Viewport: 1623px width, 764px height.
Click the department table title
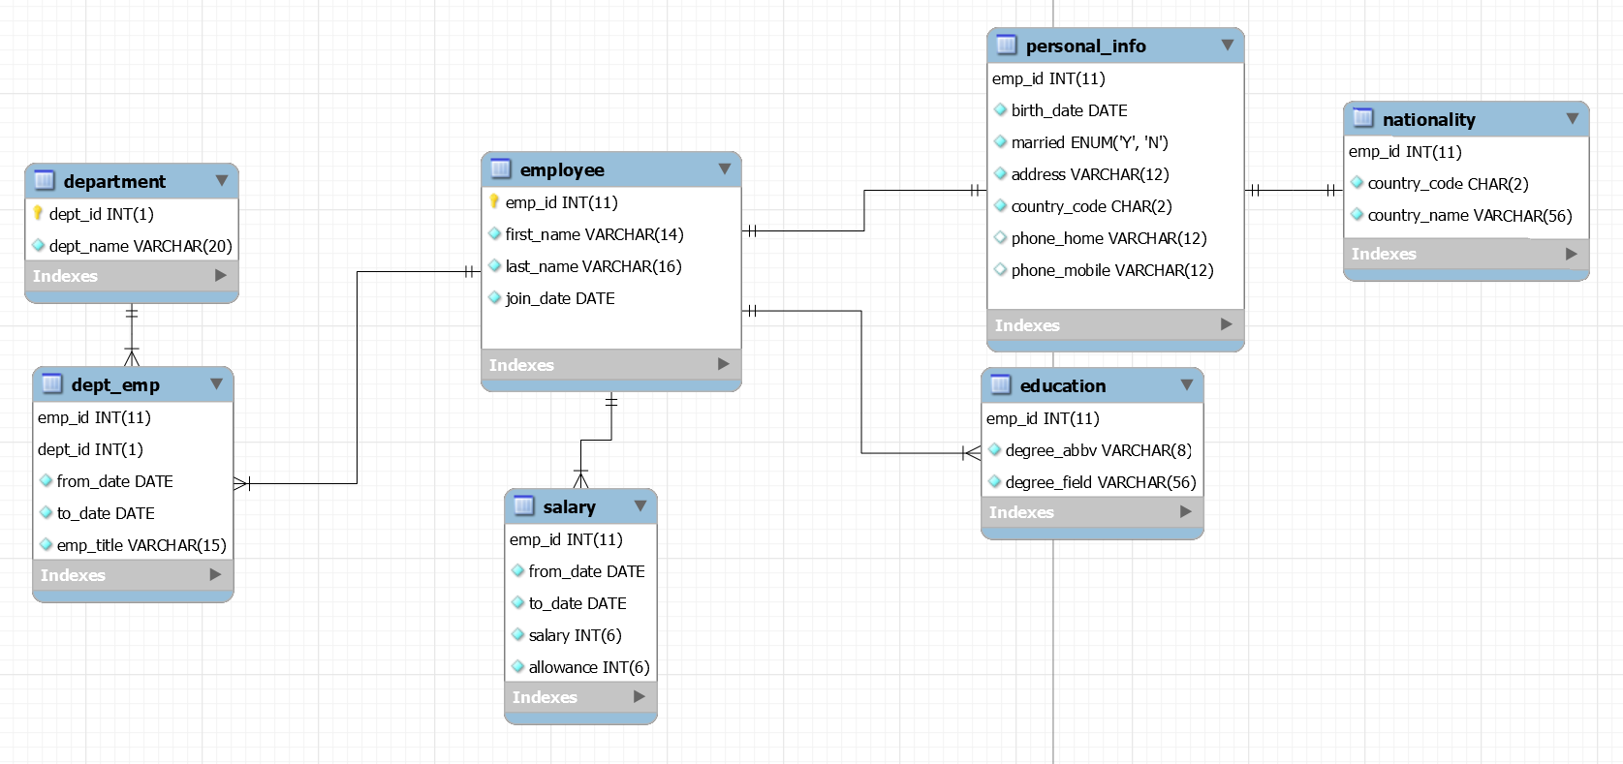[x=114, y=181]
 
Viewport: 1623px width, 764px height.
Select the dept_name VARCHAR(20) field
[x=140, y=246]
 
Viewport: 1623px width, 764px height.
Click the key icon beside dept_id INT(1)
[x=39, y=213]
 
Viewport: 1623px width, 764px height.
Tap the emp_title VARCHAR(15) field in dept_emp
[x=140, y=545]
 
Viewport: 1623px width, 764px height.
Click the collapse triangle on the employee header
[x=724, y=169]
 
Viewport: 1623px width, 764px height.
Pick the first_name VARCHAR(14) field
[x=594, y=234]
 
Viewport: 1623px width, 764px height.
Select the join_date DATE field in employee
[x=560, y=298]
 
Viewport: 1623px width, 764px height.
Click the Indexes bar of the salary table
[x=579, y=697]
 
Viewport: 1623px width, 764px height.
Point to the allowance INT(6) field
[x=588, y=667]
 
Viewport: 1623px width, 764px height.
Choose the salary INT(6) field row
[x=575, y=635]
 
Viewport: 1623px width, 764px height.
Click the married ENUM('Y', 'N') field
[x=1089, y=142]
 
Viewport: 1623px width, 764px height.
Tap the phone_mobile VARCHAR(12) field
[x=1111, y=270]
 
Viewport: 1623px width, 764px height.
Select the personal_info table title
[x=1085, y=46]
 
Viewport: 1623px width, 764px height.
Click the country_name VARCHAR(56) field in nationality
[x=1469, y=215]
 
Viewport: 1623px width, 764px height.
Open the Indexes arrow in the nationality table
[x=1571, y=254]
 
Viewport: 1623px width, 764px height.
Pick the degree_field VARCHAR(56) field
[x=1100, y=482]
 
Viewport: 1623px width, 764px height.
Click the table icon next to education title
[x=1001, y=385]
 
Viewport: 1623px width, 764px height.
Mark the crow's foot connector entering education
[x=971, y=452]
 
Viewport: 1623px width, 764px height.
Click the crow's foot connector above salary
[x=580, y=478]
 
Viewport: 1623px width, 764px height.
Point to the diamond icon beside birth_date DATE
[x=1000, y=110]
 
